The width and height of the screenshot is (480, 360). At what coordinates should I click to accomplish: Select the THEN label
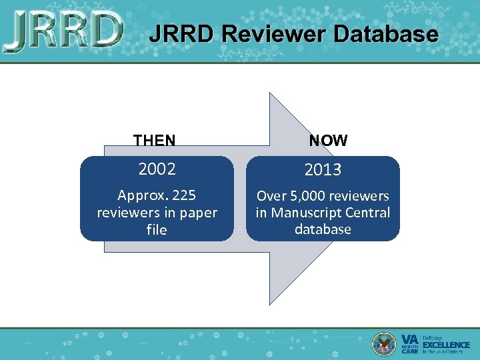[155, 141]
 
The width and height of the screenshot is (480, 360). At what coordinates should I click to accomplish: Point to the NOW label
[328, 141]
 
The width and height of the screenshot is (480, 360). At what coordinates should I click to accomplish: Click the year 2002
[157, 169]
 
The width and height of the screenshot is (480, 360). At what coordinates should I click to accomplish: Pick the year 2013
[323, 170]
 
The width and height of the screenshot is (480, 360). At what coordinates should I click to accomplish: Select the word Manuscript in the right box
[303, 213]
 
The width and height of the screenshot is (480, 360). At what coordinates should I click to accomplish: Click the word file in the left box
[157, 230]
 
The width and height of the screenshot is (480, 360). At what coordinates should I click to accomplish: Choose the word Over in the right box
[271, 196]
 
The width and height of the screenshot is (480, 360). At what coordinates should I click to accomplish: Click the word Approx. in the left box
[141, 195]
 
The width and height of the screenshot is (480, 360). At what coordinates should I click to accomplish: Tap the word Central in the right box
[365, 213]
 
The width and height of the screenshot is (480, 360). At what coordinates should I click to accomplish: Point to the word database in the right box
[323, 229]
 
